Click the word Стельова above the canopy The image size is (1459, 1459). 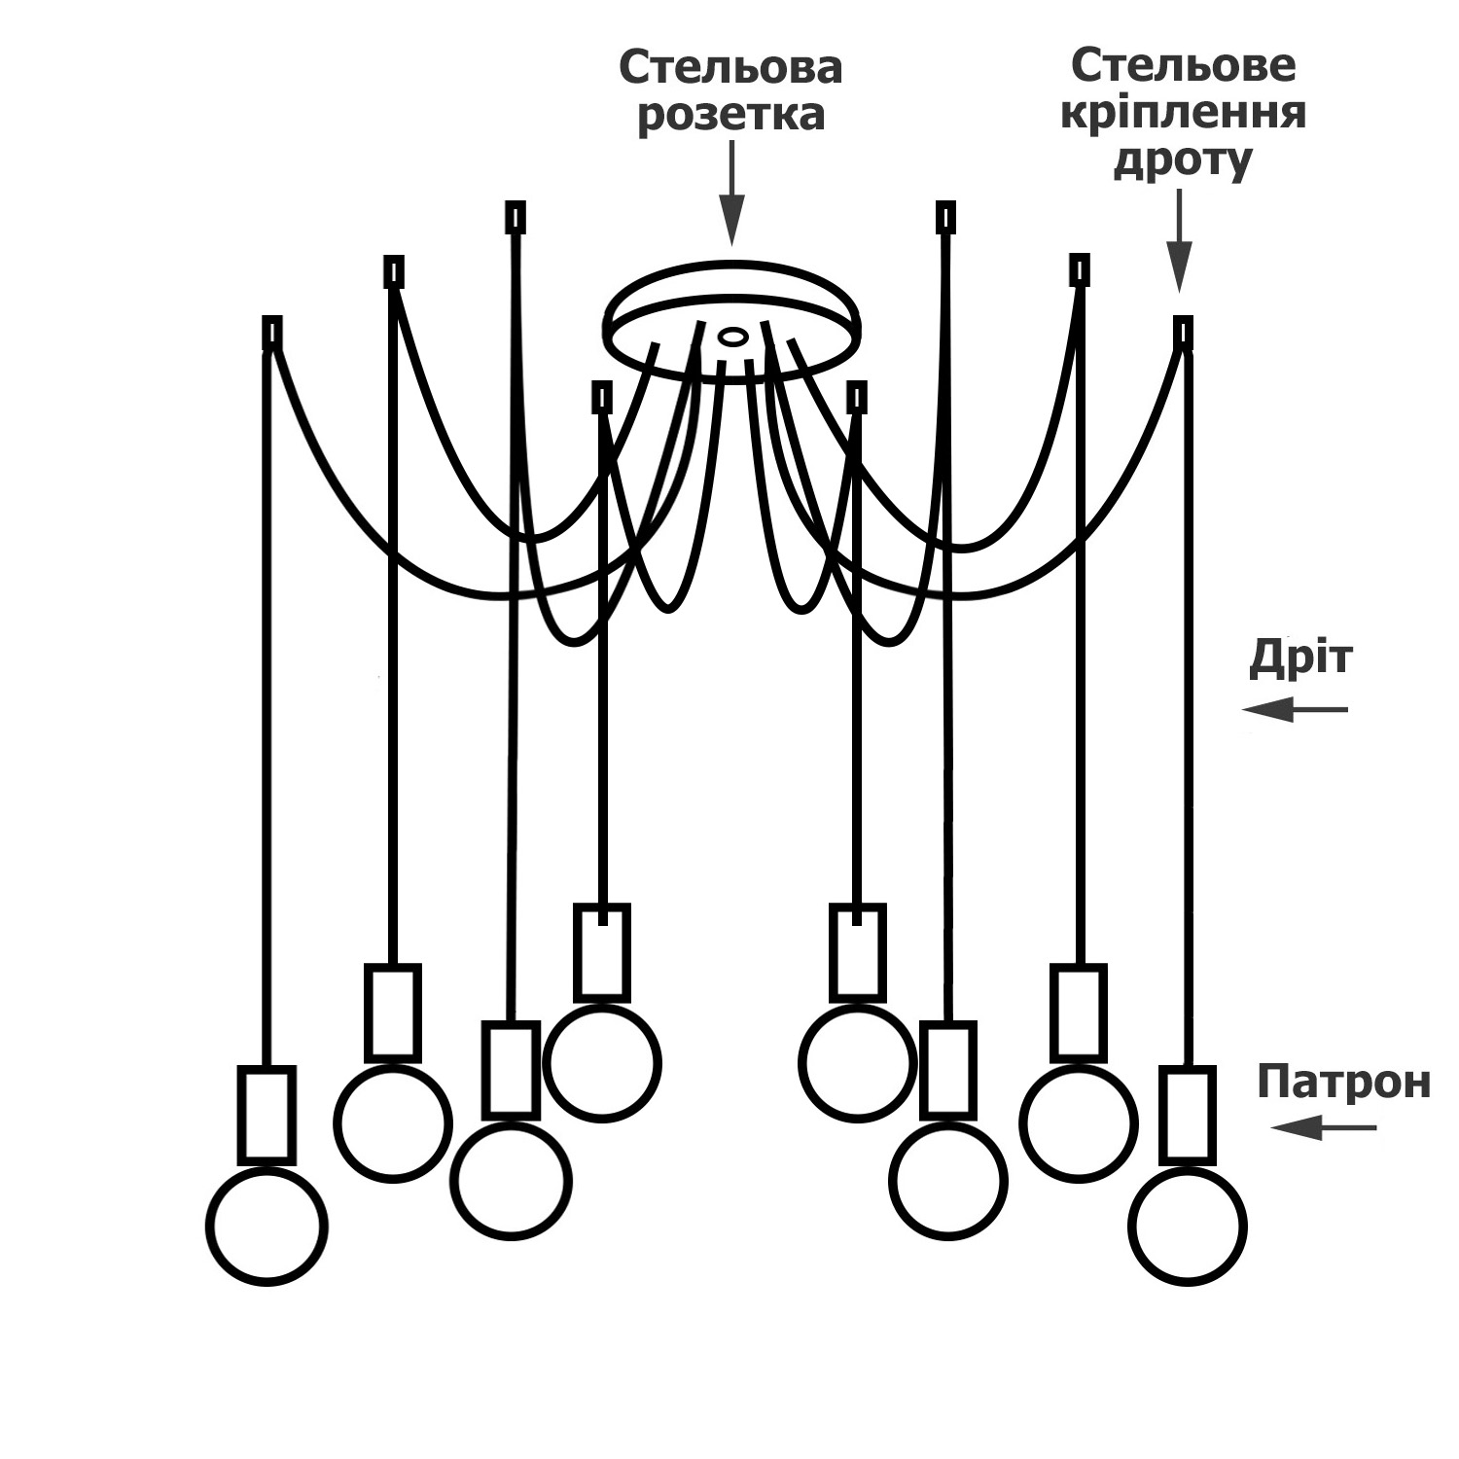(730, 68)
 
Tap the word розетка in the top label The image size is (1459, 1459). (730, 116)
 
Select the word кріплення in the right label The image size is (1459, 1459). (1182, 113)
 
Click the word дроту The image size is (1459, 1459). (1182, 160)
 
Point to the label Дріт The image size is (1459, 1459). (1300, 658)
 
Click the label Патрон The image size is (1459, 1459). (1343, 1082)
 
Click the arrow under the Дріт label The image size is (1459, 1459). (1295, 709)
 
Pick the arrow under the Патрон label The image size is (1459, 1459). (1324, 1128)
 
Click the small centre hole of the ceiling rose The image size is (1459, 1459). (732, 337)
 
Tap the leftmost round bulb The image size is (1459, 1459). (267, 1227)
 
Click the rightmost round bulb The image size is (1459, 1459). (1188, 1227)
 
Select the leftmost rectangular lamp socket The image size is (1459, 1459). (267, 1115)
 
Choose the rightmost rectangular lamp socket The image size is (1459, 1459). (1188, 1115)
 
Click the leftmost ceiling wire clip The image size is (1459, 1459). (272, 332)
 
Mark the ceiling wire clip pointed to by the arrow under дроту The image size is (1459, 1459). (1183, 332)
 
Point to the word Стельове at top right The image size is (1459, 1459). (1183, 66)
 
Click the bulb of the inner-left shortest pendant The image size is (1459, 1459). (602, 1063)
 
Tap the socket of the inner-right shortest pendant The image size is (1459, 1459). (857, 953)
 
